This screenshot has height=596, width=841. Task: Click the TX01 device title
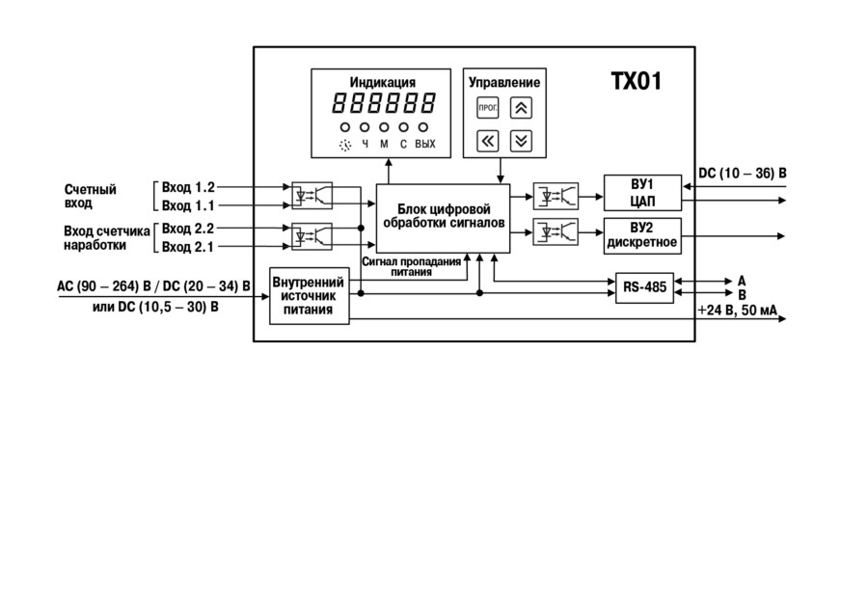click(x=637, y=82)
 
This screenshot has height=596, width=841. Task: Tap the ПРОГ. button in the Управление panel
click(x=488, y=108)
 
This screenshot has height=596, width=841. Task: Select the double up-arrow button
click(x=521, y=108)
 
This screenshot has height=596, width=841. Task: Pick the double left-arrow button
click(x=488, y=141)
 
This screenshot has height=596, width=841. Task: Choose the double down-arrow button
click(x=521, y=141)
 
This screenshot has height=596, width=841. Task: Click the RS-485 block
click(x=644, y=287)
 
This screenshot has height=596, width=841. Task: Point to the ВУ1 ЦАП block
click(x=642, y=193)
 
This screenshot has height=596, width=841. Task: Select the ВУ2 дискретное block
click(x=642, y=235)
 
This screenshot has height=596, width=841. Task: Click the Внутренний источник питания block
click(x=309, y=295)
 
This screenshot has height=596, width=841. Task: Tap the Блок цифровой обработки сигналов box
click(x=443, y=218)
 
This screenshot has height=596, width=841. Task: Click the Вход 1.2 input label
click(x=188, y=187)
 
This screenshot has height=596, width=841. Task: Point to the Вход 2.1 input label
click(x=188, y=247)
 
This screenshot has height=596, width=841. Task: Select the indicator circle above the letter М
click(x=384, y=127)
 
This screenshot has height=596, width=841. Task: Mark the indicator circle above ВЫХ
click(x=423, y=127)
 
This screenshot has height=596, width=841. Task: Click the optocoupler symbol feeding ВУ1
click(x=556, y=197)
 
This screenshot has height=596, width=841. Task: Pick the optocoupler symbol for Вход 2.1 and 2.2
click(x=312, y=236)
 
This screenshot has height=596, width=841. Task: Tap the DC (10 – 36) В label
click(x=743, y=174)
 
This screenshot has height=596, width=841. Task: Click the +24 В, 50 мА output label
click(x=738, y=311)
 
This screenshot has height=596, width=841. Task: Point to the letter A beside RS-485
click(x=742, y=281)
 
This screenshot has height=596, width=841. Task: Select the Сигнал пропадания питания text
click(x=412, y=266)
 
